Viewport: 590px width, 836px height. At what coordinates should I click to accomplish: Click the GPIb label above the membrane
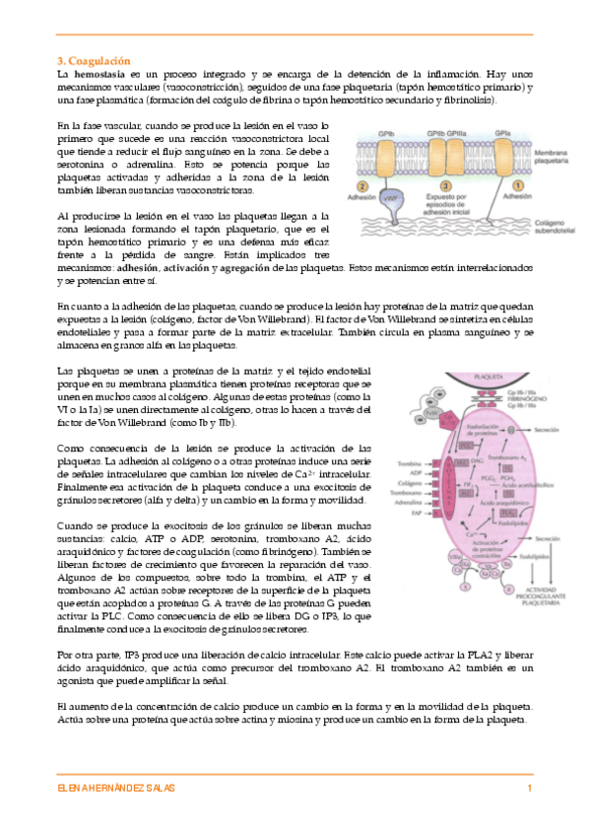click(388, 130)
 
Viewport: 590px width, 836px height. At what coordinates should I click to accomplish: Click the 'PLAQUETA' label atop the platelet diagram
click(459, 376)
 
